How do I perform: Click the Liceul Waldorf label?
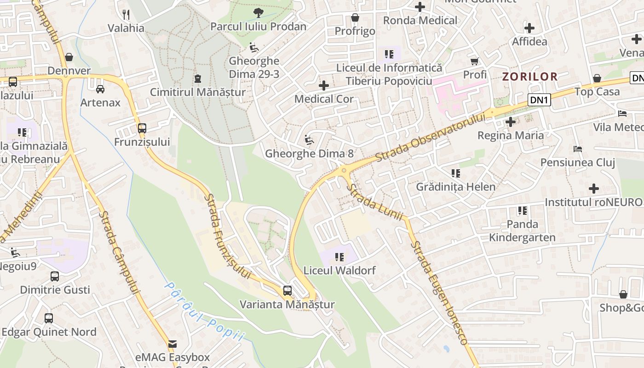tap(339, 270)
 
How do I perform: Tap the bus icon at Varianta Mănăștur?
tap(287, 290)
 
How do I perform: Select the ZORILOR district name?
tap(529, 76)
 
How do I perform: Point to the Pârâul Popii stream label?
tap(204, 312)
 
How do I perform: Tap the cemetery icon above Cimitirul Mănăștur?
tap(198, 79)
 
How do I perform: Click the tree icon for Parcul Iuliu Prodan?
tap(259, 13)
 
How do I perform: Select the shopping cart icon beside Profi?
tap(474, 61)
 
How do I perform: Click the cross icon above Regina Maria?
tap(510, 122)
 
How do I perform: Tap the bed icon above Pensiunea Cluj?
tap(578, 149)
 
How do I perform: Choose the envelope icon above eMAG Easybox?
tap(172, 344)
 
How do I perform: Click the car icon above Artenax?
tap(100, 89)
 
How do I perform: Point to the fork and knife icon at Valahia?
tap(126, 14)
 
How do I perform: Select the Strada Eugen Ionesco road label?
tap(439, 292)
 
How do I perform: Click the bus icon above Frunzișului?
tap(142, 128)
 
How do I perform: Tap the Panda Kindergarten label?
tap(522, 231)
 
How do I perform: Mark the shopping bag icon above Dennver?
tap(69, 57)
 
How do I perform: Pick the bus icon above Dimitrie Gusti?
tap(55, 276)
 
